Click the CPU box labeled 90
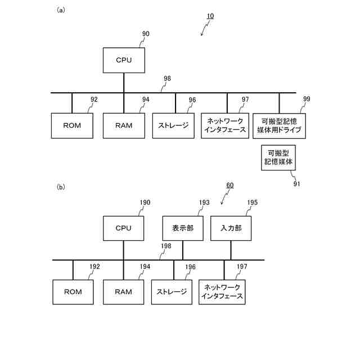(x=124, y=60)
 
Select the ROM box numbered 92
(x=72, y=125)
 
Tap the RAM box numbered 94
(x=124, y=125)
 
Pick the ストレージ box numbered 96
(x=173, y=125)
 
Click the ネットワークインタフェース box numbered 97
(x=227, y=125)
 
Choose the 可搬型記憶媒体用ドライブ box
(x=279, y=125)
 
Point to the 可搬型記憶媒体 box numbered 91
(x=279, y=158)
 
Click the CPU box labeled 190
(x=123, y=228)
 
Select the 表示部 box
(x=182, y=228)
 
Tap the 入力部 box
(x=231, y=228)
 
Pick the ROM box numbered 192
(x=73, y=291)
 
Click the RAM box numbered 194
(x=123, y=291)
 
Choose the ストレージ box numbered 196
(x=172, y=291)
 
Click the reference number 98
(x=167, y=79)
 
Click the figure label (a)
(x=61, y=10)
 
